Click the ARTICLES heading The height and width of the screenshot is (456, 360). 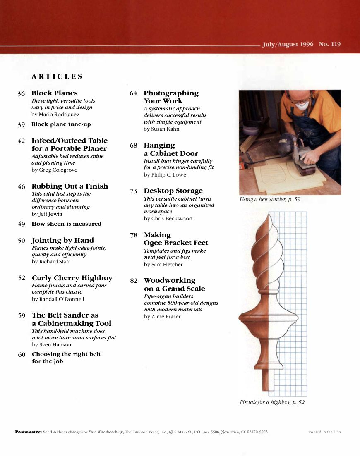point(57,76)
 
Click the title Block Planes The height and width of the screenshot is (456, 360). point(54,93)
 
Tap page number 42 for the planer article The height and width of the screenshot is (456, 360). point(22,141)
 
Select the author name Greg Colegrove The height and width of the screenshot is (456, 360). point(54,170)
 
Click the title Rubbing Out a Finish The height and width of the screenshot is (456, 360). point(70,186)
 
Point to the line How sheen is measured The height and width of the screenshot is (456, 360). point(66,224)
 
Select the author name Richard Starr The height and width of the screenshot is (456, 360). point(51,262)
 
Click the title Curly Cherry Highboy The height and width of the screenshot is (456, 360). point(72,278)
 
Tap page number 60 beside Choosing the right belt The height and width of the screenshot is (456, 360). point(22,354)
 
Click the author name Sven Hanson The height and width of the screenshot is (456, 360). point(51,345)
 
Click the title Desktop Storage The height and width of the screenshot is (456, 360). point(173,191)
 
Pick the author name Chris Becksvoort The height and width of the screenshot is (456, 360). point(168,219)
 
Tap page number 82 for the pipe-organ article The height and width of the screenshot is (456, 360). point(134,281)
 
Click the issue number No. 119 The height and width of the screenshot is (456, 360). point(330,44)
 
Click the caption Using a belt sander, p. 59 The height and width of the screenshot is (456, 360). point(270,199)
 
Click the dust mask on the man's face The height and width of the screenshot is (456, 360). point(302,106)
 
